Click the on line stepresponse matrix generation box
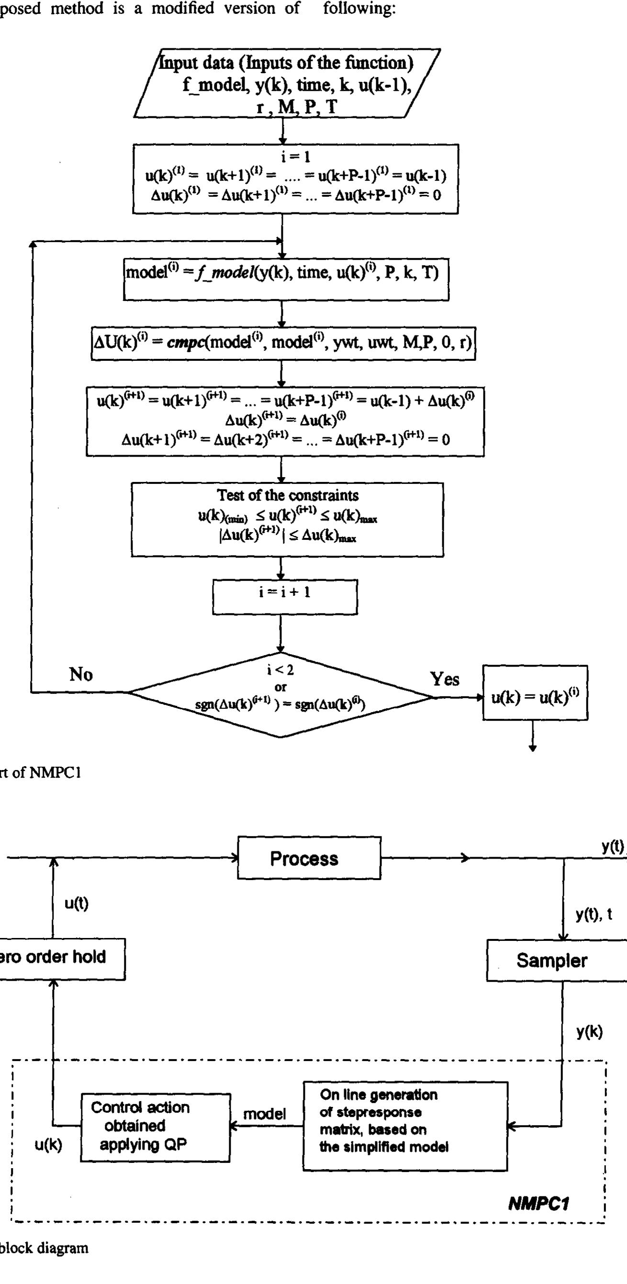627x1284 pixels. click(x=405, y=1125)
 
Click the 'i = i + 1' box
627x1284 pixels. click(x=285, y=597)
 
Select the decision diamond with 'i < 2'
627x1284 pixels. click(x=280, y=694)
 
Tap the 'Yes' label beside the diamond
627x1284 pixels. click(x=445, y=679)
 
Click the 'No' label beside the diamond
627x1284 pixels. click(x=81, y=675)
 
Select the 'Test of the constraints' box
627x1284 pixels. click(x=287, y=519)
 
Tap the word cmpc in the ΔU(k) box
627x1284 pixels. click(x=181, y=343)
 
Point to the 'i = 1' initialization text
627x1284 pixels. click(x=296, y=157)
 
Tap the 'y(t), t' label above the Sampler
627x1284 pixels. click(x=593, y=915)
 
